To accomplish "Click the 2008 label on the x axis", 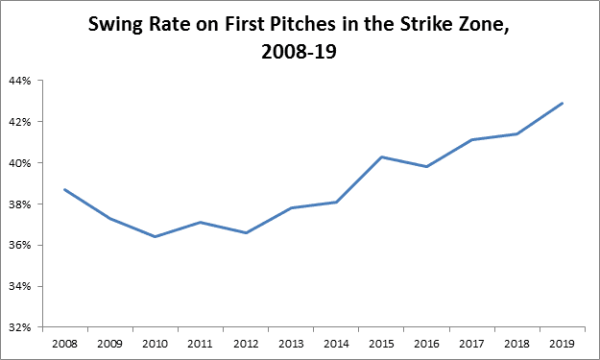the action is (64, 344).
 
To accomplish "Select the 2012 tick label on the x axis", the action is (246, 344).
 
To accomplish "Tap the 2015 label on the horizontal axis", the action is (381, 344).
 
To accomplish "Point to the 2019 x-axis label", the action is (562, 344).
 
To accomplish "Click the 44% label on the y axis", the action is (20, 81).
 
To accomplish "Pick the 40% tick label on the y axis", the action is (20, 163).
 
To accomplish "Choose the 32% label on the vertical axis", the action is (20, 327).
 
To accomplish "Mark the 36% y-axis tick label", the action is (20, 245).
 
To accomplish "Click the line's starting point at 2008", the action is (64, 189).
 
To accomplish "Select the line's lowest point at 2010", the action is (155, 237).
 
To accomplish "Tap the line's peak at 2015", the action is (381, 156).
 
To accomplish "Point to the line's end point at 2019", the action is (563, 104).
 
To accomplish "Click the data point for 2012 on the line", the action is (246, 232).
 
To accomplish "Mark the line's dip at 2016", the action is (426, 166).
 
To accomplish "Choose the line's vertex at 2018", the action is (517, 133).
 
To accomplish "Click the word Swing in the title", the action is (115, 25).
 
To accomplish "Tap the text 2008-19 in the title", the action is (299, 52).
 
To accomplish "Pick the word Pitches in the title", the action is (302, 24).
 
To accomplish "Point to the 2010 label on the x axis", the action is (155, 344).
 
